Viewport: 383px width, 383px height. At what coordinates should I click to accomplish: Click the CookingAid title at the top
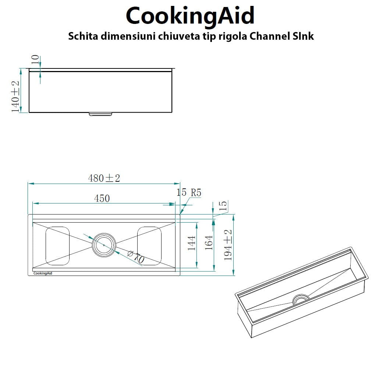pyautogui.click(x=190, y=15)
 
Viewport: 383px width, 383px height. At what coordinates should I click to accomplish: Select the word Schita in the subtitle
pyautogui.click(x=83, y=36)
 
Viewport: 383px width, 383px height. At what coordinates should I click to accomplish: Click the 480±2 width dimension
pyautogui.click(x=104, y=178)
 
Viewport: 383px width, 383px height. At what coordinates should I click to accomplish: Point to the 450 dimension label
pyautogui.click(x=102, y=198)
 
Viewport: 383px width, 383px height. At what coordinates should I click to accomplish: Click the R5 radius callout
pyautogui.click(x=196, y=192)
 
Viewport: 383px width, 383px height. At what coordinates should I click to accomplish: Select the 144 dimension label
pyautogui.click(x=191, y=243)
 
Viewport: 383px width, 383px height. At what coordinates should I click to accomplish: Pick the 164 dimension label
pyautogui.click(x=209, y=243)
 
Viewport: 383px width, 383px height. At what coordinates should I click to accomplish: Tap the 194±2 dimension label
pyautogui.click(x=228, y=245)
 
